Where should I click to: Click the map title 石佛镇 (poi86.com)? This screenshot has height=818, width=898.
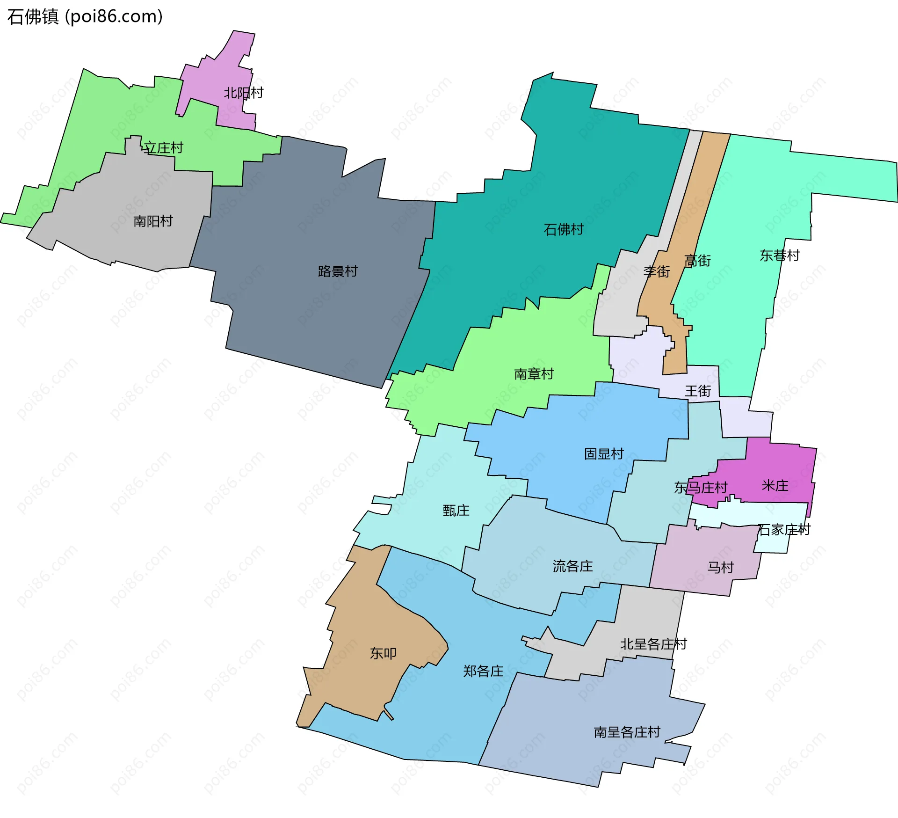[85, 16]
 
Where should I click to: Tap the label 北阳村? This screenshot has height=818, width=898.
[243, 93]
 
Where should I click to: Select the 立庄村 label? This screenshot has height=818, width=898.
[163, 148]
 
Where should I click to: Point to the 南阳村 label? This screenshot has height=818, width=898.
[153, 221]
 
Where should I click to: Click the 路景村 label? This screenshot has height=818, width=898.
[337, 271]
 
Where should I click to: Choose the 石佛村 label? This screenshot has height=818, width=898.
[563, 229]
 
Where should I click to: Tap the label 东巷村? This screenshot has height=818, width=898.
[779, 256]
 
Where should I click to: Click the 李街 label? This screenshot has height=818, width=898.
[656, 271]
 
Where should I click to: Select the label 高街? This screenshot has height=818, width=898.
[697, 261]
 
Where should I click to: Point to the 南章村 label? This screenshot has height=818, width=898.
[534, 374]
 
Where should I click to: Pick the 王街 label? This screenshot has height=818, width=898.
[697, 391]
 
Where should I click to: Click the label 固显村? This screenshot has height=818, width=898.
[603, 453]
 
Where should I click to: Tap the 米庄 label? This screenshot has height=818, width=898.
[775, 486]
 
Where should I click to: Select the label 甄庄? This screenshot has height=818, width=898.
[456, 510]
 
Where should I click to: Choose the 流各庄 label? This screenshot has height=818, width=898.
[572, 566]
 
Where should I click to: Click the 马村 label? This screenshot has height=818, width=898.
[720, 567]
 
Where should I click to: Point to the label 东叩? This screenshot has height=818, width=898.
[383, 653]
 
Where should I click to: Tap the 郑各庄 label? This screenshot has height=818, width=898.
[483, 671]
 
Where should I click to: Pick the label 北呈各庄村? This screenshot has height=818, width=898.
[653, 644]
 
